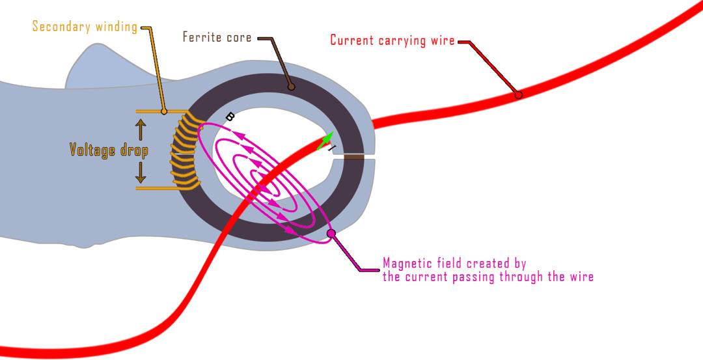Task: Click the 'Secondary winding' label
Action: (x=85, y=27)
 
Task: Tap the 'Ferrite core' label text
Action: (x=217, y=37)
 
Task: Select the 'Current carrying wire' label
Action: (x=391, y=40)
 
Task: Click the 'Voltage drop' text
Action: (x=109, y=150)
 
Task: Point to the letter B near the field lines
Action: (x=229, y=117)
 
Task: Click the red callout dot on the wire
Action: (x=518, y=95)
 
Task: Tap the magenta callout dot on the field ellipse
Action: (x=331, y=233)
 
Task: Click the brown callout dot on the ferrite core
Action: (x=290, y=85)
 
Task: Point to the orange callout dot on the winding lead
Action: (x=164, y=111)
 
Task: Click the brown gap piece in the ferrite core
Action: (x=353, y=157)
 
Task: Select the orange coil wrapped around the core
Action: (x=180, y=150)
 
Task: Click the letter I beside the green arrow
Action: (x=332, y=149)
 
